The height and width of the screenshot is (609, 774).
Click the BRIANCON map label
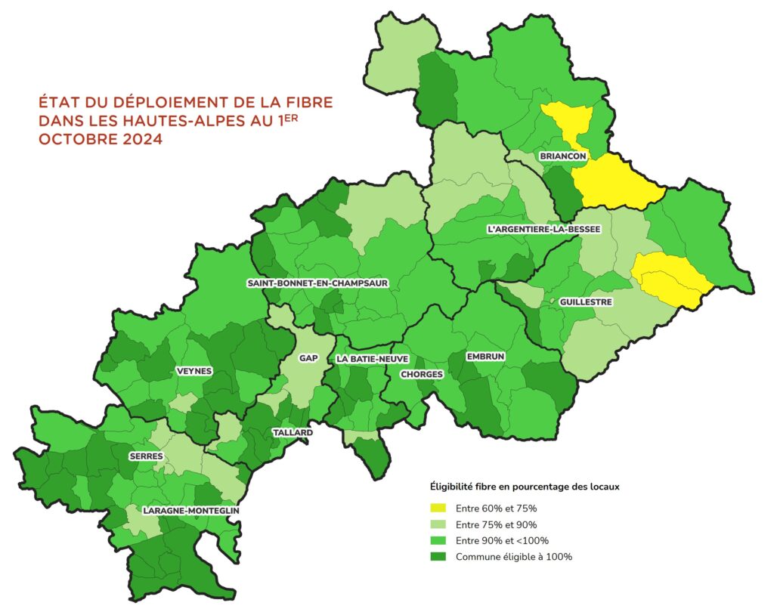point(562,156)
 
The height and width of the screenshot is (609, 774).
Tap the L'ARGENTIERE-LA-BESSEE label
point(544,228)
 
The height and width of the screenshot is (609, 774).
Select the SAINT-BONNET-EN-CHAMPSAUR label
point(317,283)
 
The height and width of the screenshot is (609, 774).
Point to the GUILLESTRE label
point(585,301)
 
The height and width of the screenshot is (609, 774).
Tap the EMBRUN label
point(486,356)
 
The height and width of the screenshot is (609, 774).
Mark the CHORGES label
point(422,374)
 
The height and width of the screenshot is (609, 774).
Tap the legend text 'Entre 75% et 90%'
point(497,524)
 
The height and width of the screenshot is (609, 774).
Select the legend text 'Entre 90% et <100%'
point(502,540)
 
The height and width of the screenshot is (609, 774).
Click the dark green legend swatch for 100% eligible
point(438,557)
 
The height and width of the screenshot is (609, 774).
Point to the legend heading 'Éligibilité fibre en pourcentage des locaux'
point(525,487)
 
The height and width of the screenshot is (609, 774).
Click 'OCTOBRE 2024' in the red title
point(100,139)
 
